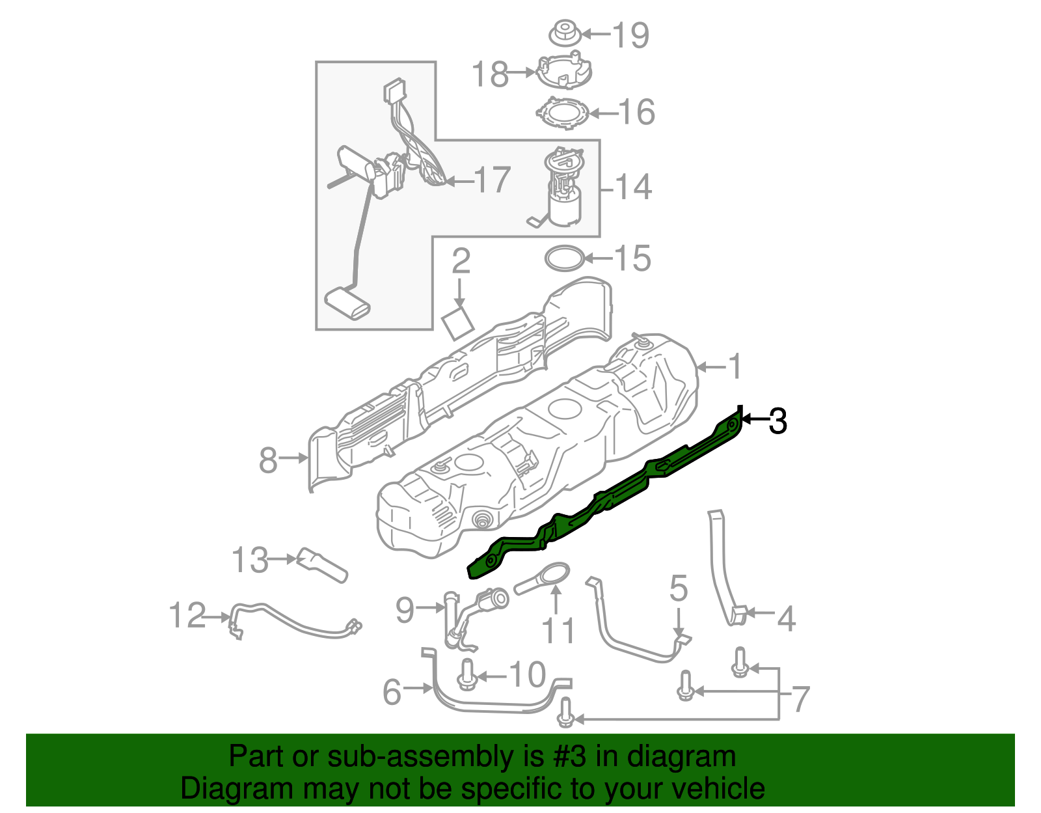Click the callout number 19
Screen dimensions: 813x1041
click(630, 35)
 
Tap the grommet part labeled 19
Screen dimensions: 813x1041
click(563, 34)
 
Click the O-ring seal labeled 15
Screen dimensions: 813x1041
click(563, 258)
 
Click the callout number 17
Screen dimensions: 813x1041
click(492, 180)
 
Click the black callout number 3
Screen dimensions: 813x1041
click(777, 421)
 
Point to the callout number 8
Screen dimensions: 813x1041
click(268, 460)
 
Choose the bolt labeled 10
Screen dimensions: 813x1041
click(466, 674)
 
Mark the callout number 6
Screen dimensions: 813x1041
click(392, 692)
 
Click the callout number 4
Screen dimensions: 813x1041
click(787, 619)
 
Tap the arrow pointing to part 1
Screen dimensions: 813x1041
click(711, 368)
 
